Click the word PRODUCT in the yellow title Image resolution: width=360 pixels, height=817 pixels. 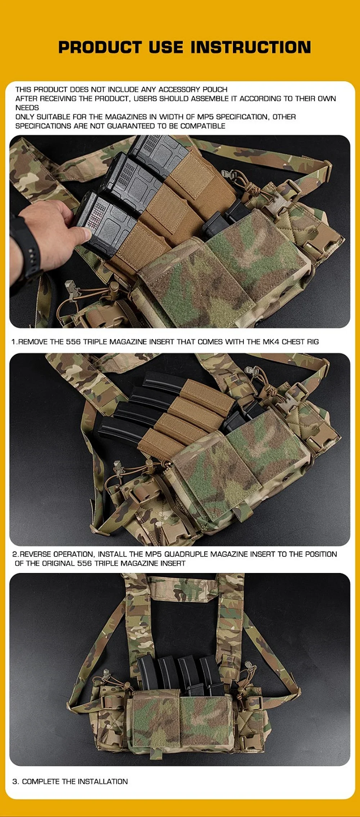coord(100,47)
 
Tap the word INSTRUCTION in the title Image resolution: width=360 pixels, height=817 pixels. coord(251,47)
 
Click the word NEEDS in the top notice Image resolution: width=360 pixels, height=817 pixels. coord(27,108)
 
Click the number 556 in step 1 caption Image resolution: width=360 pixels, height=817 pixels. coord(73,342)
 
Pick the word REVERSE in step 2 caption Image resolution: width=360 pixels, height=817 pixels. coord(35,554)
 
